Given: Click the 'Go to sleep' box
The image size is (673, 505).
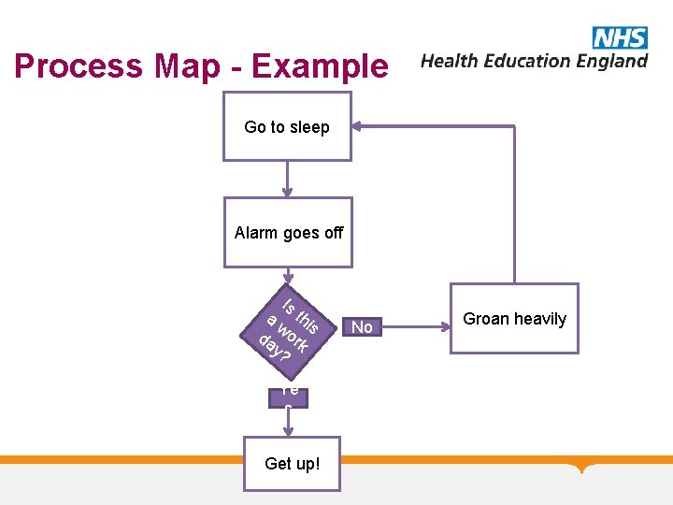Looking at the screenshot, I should (x=287, y=127).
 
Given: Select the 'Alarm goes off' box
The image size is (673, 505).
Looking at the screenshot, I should (x=288, y=233).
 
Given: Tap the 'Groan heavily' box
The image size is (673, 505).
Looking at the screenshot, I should (x=514, y=319).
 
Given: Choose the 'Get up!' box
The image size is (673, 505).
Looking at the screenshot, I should (x=292, y=463).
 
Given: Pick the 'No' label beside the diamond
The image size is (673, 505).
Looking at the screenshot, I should (x=362, y=327).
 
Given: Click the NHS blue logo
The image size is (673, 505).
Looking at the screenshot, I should (x=619, y=37).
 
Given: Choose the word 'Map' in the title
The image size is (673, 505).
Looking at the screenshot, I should (x=185, y=66).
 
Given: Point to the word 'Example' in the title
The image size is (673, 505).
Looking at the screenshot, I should (x=319, y=66).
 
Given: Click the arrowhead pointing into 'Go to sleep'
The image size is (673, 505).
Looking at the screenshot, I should (x=360, y=126).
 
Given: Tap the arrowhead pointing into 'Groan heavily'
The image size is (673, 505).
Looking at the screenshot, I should (x=443, y=327).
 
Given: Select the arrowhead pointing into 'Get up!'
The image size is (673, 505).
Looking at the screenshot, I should (x=289, y=431).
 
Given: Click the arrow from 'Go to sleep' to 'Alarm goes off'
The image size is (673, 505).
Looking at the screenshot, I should (x=288, y=179).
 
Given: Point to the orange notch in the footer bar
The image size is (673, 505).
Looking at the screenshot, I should (x=584, y=467).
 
